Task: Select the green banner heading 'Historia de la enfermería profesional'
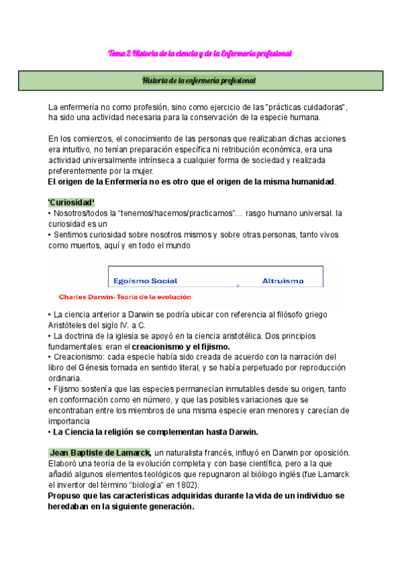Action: (200, 81)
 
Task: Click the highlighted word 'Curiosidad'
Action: (71, 203)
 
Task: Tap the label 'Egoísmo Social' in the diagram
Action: (145, 281)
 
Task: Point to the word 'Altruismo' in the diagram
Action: (283, 281)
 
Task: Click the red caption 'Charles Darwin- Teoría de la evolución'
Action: (125, 297)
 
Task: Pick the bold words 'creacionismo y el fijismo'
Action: (181, 346)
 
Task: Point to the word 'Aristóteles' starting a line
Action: (69, 324)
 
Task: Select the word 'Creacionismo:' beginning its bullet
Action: (81, 356)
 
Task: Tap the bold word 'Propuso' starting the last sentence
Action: (66, 496)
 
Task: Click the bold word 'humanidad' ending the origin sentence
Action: (310, 181)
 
